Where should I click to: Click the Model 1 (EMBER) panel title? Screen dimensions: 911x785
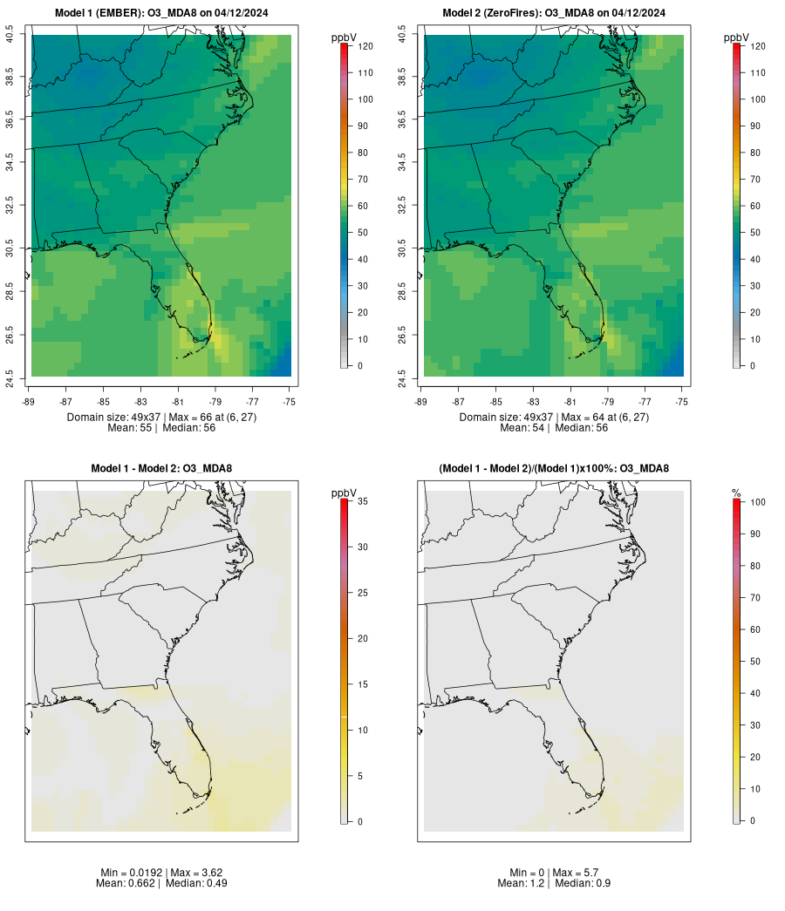(x=161, y=12)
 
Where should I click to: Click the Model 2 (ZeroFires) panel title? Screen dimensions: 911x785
(x=554, y=12)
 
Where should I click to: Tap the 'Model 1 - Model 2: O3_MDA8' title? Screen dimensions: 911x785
(x=161, y=468)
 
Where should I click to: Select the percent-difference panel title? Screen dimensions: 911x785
(x=554, y=468)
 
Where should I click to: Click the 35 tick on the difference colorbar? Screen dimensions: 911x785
(x=361, y=501)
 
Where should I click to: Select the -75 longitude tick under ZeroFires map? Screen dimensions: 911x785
(x=682, y=402)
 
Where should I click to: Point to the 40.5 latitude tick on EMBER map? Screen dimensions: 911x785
(x=10, y=36)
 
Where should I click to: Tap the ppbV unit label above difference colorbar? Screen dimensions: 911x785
(x=345, y=493)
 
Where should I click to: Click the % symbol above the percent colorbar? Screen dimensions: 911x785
(x=737, y=493)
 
